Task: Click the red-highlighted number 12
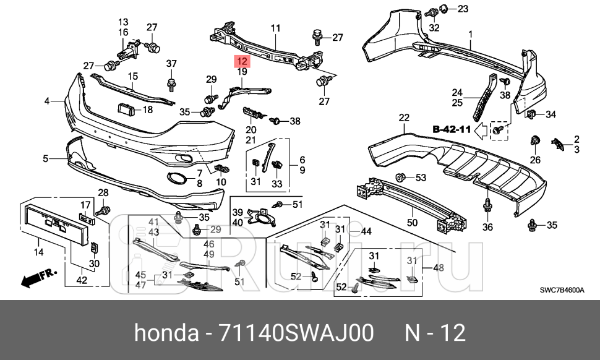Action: pos(241,61)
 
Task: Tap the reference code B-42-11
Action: pos(452,130)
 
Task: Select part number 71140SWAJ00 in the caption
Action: pos(296,333)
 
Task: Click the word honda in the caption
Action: pos(163,333)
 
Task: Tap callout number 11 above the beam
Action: pos(275,28)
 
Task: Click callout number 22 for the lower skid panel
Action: pos(404,118)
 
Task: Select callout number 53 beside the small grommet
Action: pos(421,178)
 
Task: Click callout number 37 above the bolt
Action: pos(171,63)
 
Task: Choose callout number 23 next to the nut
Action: pos(463,9)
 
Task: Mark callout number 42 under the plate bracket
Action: pos(81,280)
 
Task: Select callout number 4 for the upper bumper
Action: pos(46,100)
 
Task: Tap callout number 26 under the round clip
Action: pos(535,160)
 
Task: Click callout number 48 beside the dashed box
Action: pos(439,268)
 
